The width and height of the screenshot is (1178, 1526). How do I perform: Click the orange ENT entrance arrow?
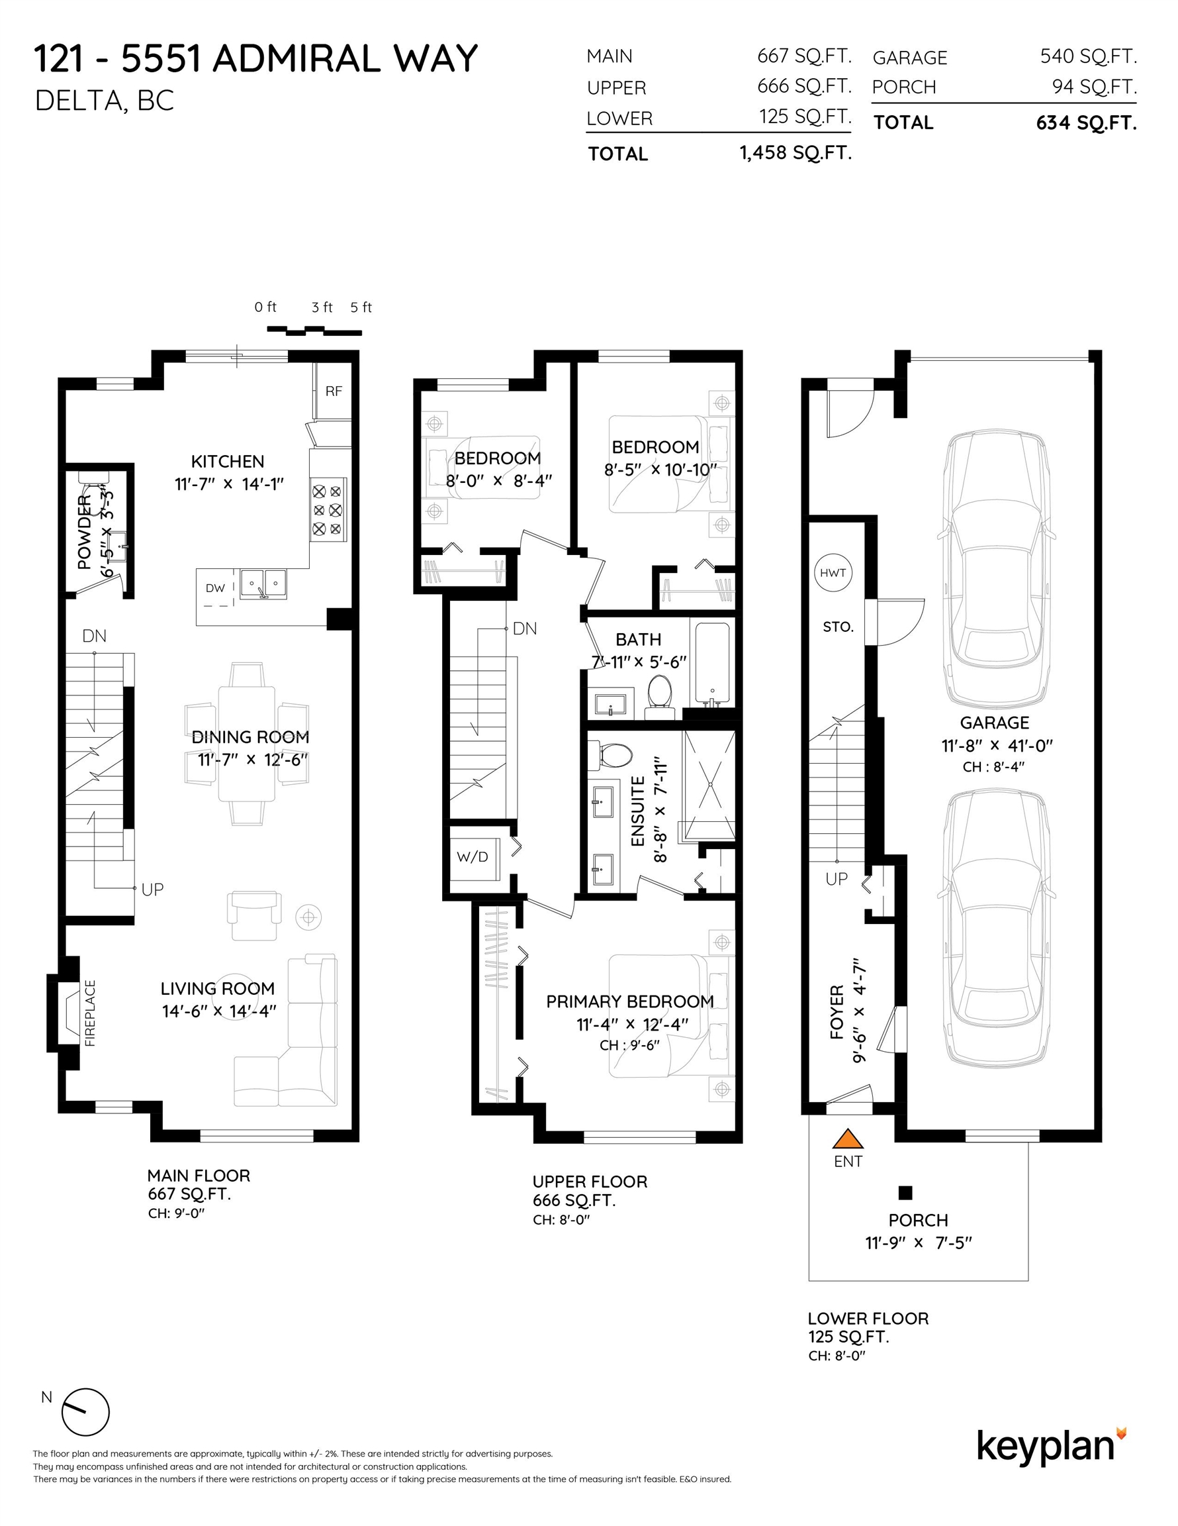click(x=848, y=1140)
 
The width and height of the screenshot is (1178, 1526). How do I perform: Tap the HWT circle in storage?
click(x=833, y=573)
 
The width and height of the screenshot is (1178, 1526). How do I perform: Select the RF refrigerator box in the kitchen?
click(x=334, y=391)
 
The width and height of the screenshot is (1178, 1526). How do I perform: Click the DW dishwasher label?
click(x=215, y=588)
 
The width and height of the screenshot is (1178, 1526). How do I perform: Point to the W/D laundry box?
click(x=473, y=856)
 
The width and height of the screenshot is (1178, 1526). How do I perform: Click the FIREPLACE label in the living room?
click(x=90, y=1013)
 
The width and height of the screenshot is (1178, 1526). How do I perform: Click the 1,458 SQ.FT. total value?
click(x=795, y=152)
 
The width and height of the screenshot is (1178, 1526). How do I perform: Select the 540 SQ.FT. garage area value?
click(x=1088, y=56)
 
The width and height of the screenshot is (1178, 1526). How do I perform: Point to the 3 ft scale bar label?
click(x=322, y=307)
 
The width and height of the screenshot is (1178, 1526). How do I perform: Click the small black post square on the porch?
click(x=906, y=1193)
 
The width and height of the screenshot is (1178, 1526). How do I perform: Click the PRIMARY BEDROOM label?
click(x=630, y=1001)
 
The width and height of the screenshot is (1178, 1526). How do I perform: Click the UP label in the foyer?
click(x=837, y=879)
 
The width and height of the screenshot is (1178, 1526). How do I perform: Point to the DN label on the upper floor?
click(x=524, y=629)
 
